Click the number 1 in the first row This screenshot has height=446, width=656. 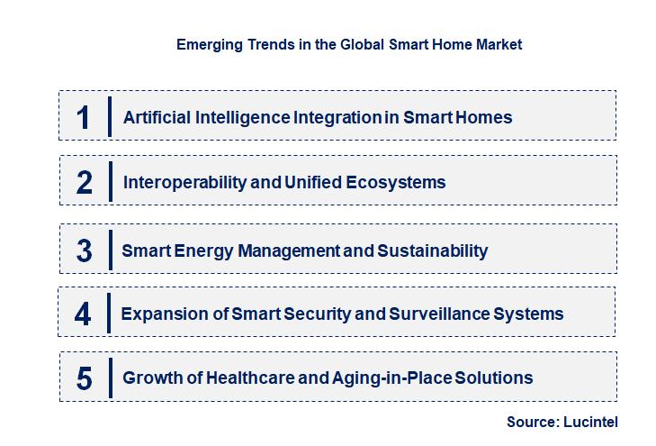coord(84,117)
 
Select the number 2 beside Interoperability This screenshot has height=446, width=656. coord(85,182)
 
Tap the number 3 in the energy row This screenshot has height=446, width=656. coord(85,250)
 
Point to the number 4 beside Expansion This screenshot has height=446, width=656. coord(84,314)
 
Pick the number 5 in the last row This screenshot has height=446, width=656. coord(85,378)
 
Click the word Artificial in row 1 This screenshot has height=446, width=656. coord(154,117)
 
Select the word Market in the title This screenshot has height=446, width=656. coord(500,43)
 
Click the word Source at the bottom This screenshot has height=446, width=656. coord(531,422)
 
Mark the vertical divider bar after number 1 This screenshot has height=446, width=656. coord(109,117)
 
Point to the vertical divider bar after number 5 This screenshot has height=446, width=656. coord(109,378)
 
